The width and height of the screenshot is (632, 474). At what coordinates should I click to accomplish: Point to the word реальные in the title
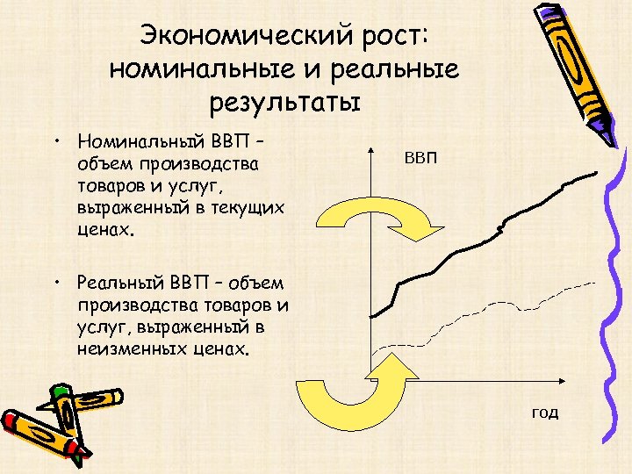point(399,69)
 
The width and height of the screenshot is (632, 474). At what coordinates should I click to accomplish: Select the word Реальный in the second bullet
point(119,283)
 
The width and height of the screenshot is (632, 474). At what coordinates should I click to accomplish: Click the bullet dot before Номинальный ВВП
point(55,140)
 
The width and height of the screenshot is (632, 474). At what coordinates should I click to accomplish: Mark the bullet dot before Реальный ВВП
point(55,282)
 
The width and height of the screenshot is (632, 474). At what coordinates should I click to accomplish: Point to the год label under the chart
point(543,412)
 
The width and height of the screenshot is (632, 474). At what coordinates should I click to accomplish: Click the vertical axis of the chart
point(372,263)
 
